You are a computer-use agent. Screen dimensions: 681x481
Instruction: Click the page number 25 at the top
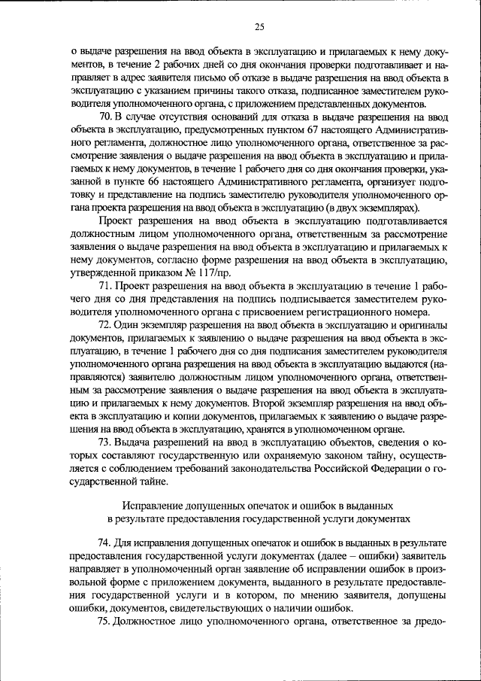(x=259, y=27)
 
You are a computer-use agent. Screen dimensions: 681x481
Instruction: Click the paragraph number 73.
(x=105, y=442)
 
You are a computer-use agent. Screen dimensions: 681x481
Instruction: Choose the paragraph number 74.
(x=105, y=542)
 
